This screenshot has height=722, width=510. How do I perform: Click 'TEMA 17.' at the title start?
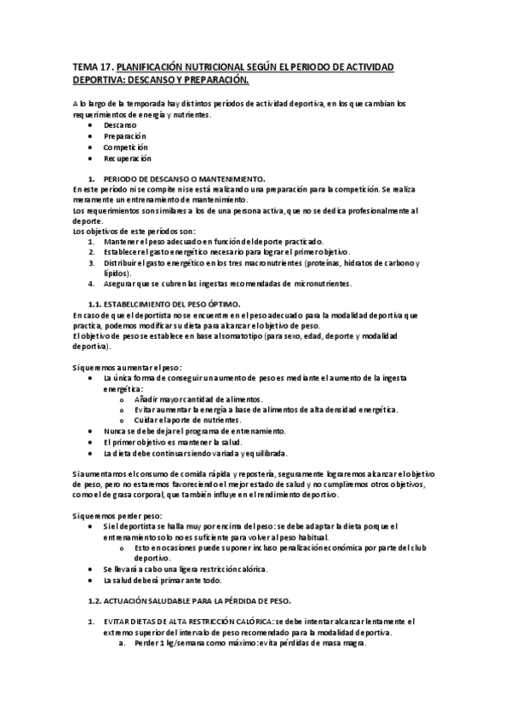tap(91, 66)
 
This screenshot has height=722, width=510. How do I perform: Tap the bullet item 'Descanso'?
tap(119, 125)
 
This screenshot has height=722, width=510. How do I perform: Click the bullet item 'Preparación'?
tap(125, 136)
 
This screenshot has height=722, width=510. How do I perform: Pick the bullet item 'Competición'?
tap(126, 147)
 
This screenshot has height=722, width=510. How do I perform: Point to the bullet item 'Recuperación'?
tap(128, 158)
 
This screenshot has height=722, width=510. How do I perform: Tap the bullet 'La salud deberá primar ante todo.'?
tap(162, 581)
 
